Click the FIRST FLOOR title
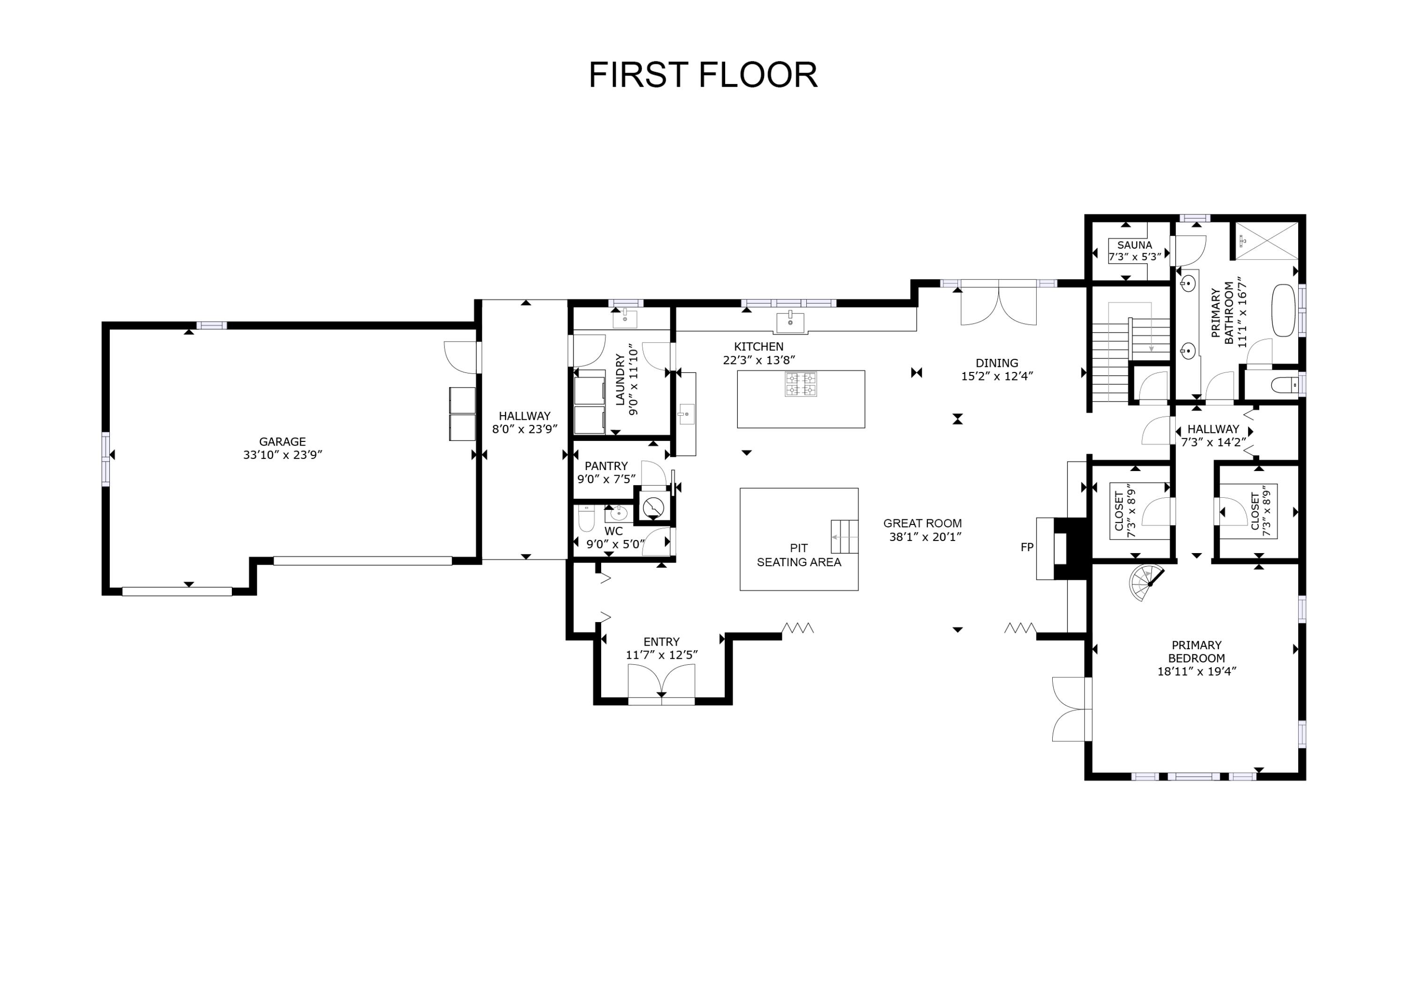703,76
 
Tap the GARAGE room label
282,441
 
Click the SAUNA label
1134,244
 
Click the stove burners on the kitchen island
801,384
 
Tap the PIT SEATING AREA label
798,555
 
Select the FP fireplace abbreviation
1026,547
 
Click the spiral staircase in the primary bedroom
1146,582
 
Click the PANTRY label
606,466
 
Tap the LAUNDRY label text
620,380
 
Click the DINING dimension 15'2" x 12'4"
996,376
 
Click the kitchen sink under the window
790,322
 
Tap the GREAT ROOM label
922,523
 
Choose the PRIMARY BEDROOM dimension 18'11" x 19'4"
1196,671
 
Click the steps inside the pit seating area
844,536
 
